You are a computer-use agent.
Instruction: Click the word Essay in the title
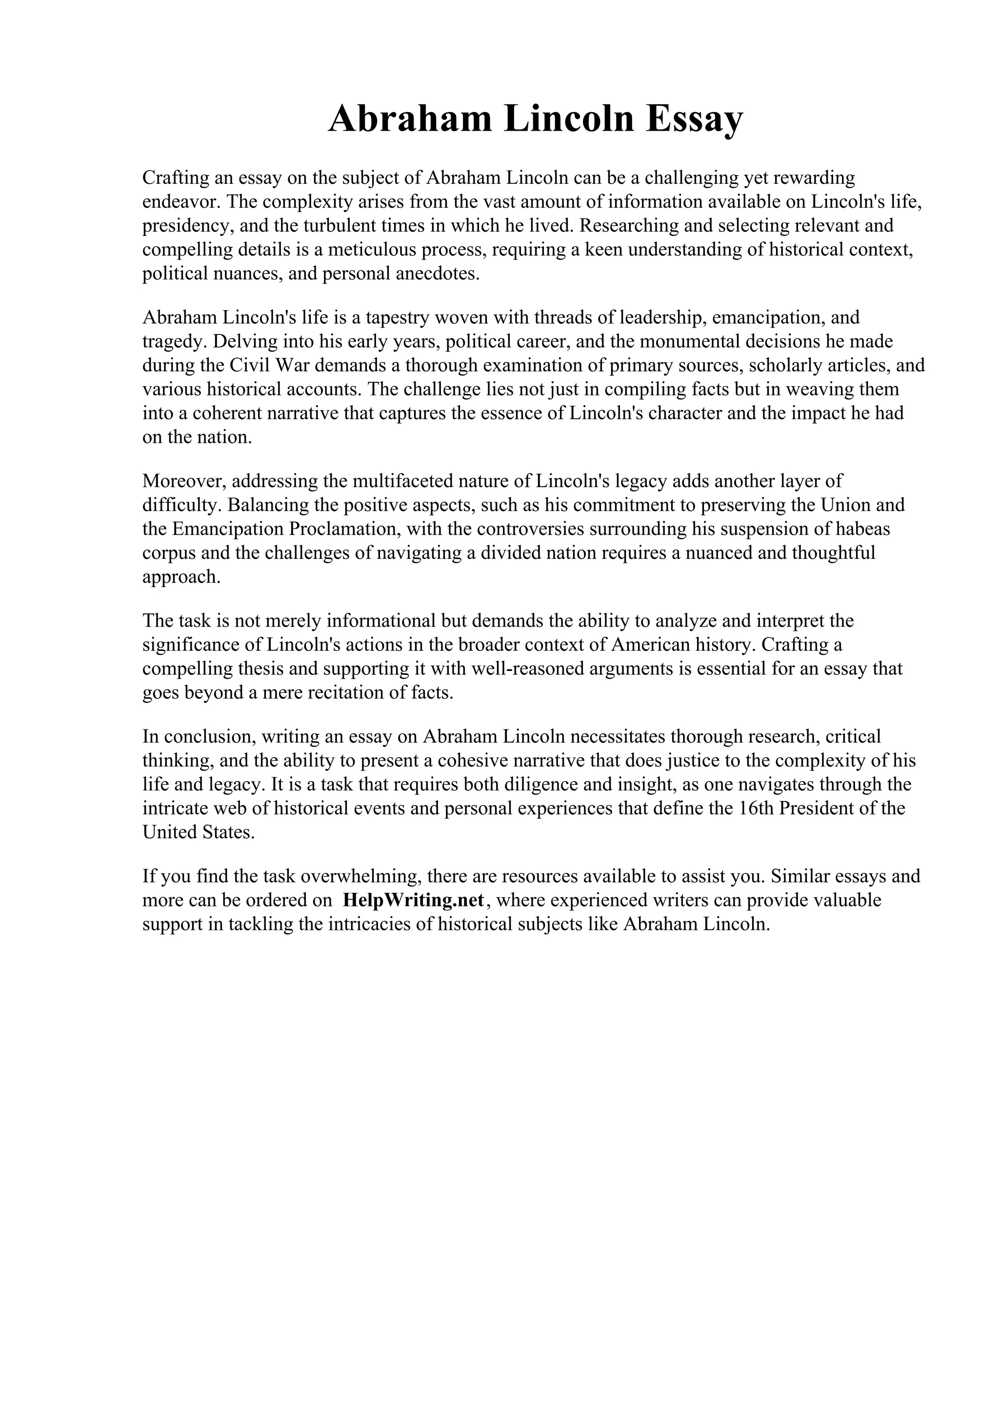click(694, 119)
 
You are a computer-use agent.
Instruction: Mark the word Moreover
click(184, 481)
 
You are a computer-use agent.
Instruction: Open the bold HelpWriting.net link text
click(414, 901)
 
